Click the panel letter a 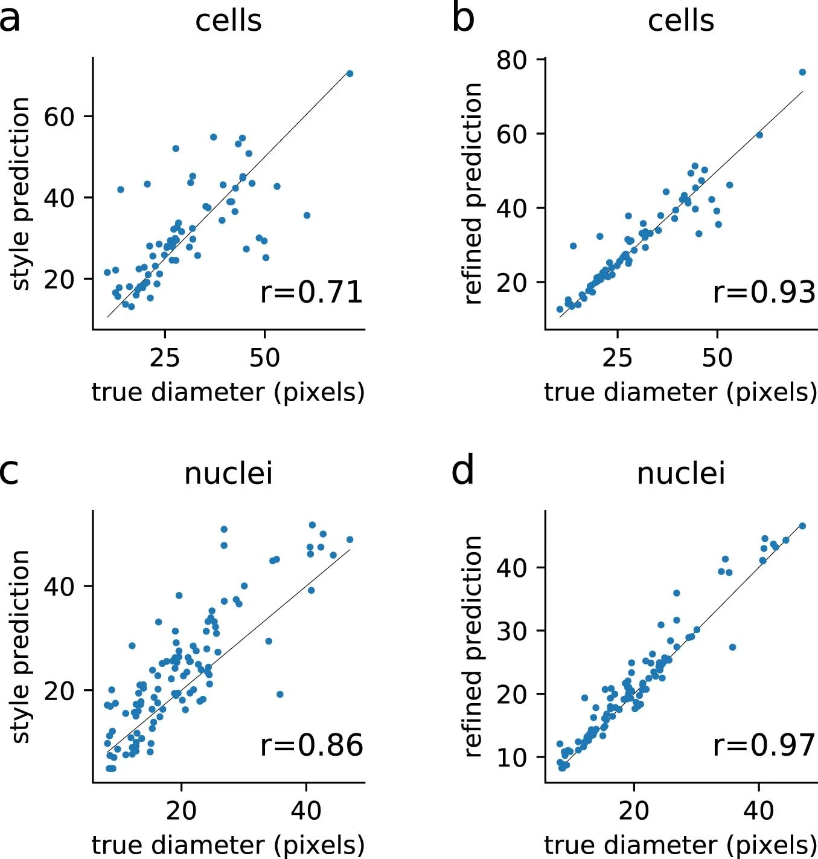pyautogui.click(x=10, y=20)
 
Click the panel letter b pyautogui.click(x=463, y=19)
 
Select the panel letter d pyautogui.click(x=463, y=471)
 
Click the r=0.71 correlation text pyautogui.click(x=312, y=292)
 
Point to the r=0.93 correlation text pyautogui.click(x=764, y=292)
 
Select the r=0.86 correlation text pyautogui.click(x=312, y=745)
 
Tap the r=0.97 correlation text pyautogui.click(x=764, y=745)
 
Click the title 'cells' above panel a pyautogui.click(x=228, y=21)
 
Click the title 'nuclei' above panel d pyautogui.click(x=681, y=474)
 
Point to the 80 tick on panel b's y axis pyautogui.click(x=512, y=60)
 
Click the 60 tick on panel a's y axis pyautogui.click(x=59, y=117)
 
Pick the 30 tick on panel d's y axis pyautogui.click(x=512, y=631)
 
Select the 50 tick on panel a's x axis pyautogui.click(x=264, y=358)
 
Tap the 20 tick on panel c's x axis pyautogui.click(x=181, y=811)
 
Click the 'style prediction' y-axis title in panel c pyautogui.click(x=21, y=646)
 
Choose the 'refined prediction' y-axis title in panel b pyautogui.click(x=473, y=193)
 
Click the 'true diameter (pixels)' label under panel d pyautogui.click(x=681, y=845)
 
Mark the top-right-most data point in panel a pyautogui.click(x=350, y=74)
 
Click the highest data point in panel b pyautogui.click(x=802, y=72)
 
